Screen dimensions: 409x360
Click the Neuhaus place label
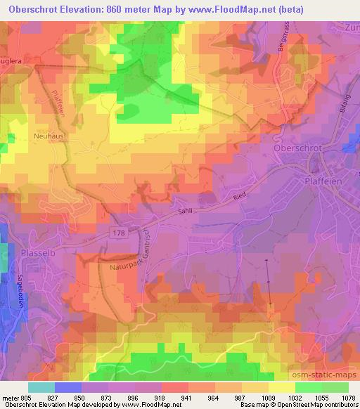tap(49, 137)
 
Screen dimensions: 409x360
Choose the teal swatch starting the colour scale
tap(41, 387)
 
